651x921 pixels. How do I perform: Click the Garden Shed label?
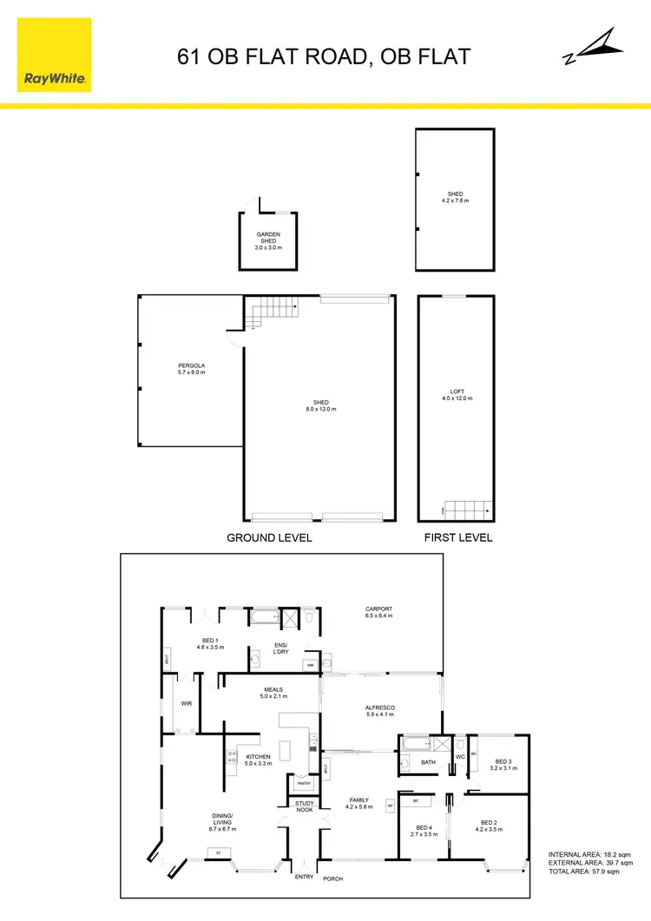(268, 240)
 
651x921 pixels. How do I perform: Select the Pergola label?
(191, 368)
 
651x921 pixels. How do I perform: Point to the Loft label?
(455, 399)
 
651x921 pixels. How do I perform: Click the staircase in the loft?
(469, 508)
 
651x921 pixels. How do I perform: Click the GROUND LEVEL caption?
(269, 538)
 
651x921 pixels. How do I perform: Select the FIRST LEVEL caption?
(457, 538)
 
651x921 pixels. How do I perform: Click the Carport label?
(378, 612)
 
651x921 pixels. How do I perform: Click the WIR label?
(186, 704)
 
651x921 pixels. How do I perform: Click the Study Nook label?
(304, 806)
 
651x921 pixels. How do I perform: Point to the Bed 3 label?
(503, 765)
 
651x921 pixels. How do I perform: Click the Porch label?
(333, 878)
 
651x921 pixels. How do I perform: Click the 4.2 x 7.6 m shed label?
(455, 197)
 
